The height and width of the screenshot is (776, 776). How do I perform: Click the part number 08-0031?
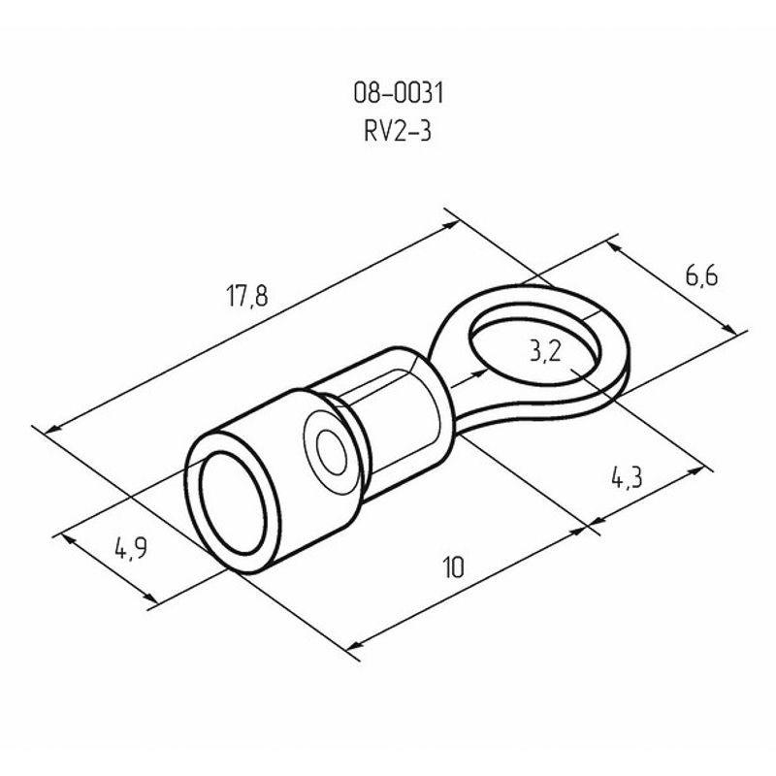[399, 92]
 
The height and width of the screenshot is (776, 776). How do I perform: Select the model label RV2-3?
[398, 131]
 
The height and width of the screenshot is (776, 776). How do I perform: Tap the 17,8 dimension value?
[247, 296]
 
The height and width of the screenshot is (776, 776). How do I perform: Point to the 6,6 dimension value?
[701, 275]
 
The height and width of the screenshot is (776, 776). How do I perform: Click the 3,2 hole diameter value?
[545, 352]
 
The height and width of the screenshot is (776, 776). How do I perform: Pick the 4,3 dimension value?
[627, 478]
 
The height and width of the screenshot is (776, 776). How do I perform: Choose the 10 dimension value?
[453, 567]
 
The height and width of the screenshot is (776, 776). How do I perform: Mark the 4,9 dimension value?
[131, 549]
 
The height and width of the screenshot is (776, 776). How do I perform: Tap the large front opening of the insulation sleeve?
[233, 502]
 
